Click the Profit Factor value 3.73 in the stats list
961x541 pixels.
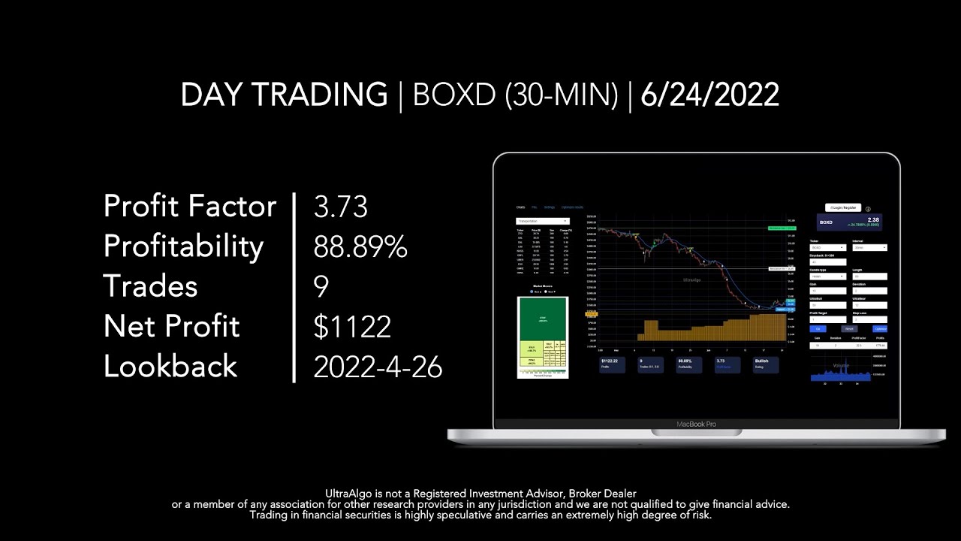pyautogui.click(x=341, y=207)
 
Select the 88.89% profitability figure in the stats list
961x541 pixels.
pyautogui.click(x=360, y=246)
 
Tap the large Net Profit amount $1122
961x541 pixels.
pyautogui.click(x=352, y=327)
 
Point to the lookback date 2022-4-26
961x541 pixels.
pyautogui.click(x=378, y=367)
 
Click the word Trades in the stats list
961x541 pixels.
pyautogui.click(x=150, y=286)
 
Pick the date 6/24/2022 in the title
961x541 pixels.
pyautogui.click(x=709, y=95)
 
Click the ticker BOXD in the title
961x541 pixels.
pyautogui.click(x=455, y=95)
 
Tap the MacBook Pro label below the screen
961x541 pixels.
pyautogui.click(x=696, y=424)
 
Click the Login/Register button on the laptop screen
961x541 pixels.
pyautogui.click(x=842, y=207)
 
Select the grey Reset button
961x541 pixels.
pyautogui.click(x=849, y=328)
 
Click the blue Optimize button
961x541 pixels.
pyautogui.click(x=879, y=328)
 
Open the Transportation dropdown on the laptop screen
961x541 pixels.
pyautogui.click(x=542, y=221)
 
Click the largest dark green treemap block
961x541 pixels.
pyautogui.click(x=542, y=319)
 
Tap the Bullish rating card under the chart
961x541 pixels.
pyautogui.click(x=766, y=364)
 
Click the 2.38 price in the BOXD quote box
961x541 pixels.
pyautogui.click(x=873, y=219)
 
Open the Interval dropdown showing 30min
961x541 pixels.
pyautogui.click(x=869, y=247)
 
